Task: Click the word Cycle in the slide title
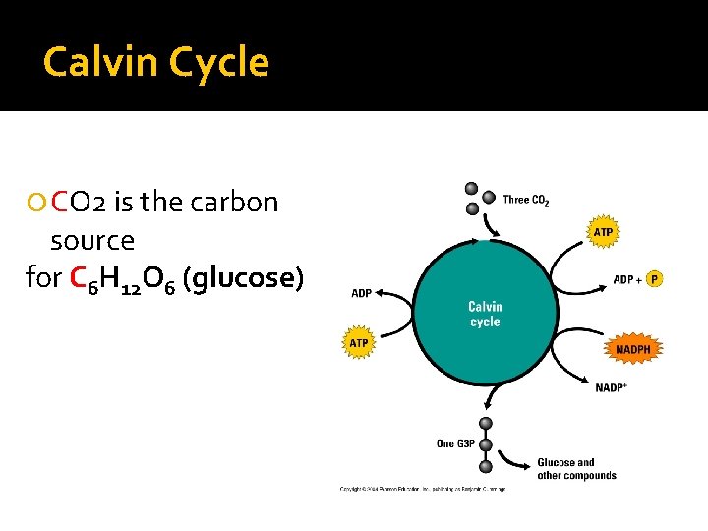pos(218,63)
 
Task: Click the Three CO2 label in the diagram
pos(526,201)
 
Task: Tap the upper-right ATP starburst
pos(603,232)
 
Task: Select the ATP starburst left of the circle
pos(359,343)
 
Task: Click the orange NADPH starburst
pos(632,349)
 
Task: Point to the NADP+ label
pos(612,387)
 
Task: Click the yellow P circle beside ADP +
pos(655,279)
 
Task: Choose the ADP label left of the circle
pos(362,293)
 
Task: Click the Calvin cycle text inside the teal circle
pos(485,315)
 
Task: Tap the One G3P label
pos(455,443)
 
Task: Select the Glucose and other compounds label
pos(576,469)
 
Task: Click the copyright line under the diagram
pos(423,488)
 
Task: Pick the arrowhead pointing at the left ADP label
pos(382,292)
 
